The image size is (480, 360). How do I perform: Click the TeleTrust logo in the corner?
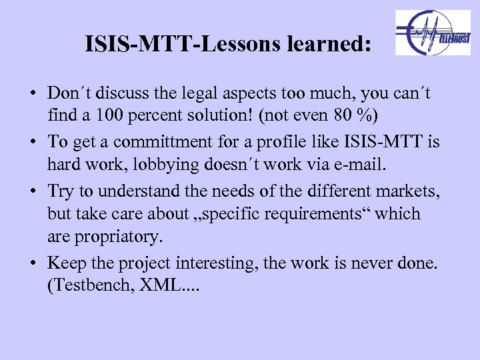pos(433,33)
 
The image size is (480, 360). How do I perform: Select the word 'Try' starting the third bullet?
pos(61,191)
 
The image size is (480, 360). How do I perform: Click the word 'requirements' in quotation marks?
pos(294,213)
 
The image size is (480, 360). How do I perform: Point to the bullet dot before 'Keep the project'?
pos(33,263)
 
